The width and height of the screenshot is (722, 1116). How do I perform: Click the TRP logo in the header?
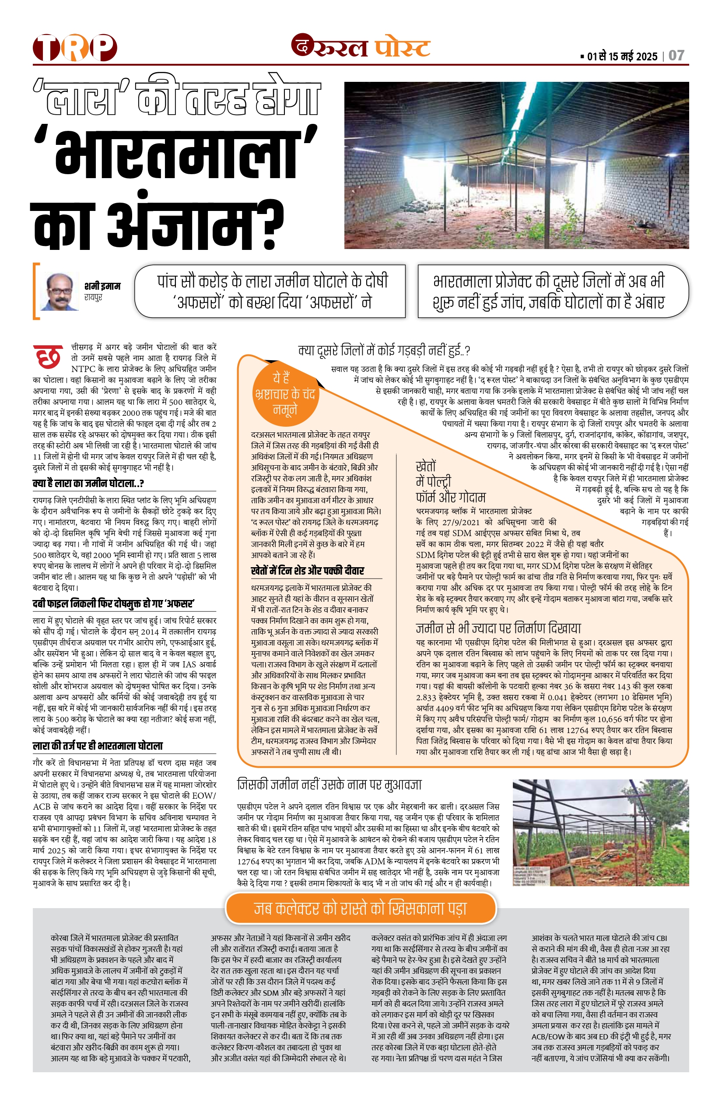click(x=74, y=47)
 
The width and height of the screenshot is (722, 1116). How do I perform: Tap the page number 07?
click(x=676, y=56)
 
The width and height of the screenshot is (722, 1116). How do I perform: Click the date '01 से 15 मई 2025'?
click(x=622, y=57)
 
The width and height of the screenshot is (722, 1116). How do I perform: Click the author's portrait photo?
click(x=59, y=291)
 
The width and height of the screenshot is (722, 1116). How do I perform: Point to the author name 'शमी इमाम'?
click(x=102, y=286)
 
